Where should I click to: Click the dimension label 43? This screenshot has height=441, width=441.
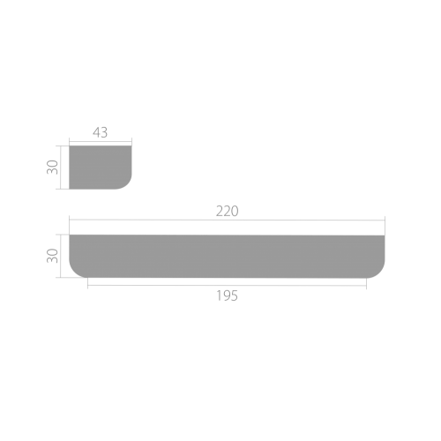[x=101, y=132]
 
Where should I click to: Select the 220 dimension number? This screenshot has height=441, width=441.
[x=227, y=212]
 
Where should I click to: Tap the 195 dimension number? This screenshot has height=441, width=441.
[x=227, y=295]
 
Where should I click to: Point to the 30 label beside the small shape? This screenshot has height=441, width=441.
[x=53, y=167]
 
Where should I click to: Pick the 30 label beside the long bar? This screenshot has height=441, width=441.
[x=53, y=256]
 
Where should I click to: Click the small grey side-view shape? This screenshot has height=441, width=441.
[x=101, y=168]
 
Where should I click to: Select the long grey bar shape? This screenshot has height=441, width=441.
[x=227, y=256]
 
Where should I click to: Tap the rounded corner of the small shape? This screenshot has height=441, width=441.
[x=127, y=184]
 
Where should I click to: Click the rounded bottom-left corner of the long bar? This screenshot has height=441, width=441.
[x=74, y=273]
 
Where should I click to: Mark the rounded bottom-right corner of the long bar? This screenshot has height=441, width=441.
[x=379, y=273]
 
